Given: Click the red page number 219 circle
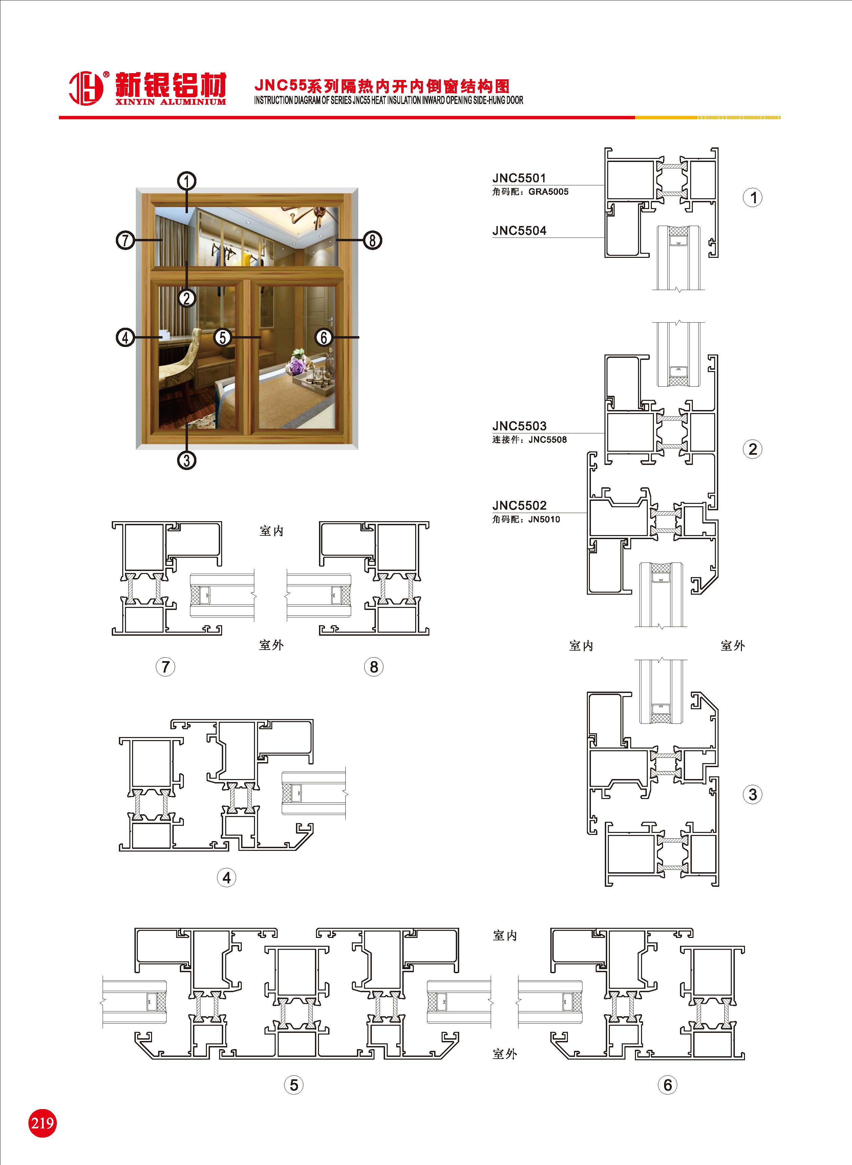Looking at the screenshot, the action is pyautogui.click(x=42, y=1123).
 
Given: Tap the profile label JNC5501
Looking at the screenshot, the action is pyautogui.click(x=519, y=178).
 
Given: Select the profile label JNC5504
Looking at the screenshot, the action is pyautogui.click(x=519, y=231).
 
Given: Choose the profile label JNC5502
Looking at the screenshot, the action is pyautogui.click(x=519, y=505).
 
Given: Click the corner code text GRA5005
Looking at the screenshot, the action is pyautogui.click(x=548, y=192).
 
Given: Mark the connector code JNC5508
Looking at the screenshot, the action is pyautogui.click(x=547, y=440).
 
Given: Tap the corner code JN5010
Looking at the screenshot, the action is pyautogui.click(x=544, y=519).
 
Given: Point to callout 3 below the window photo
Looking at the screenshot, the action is pyautogui.click(x=187, y=460).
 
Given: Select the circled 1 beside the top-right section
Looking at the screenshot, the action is pyautogui.click(x=752, y=198).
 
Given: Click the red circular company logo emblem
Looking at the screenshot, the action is pyautogui.click(x=86, y=88).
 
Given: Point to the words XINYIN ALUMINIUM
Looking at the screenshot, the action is pyautogui.click(x=170, y=102).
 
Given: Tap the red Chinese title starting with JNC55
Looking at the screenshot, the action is pyautogui.click(x=382, y=86).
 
